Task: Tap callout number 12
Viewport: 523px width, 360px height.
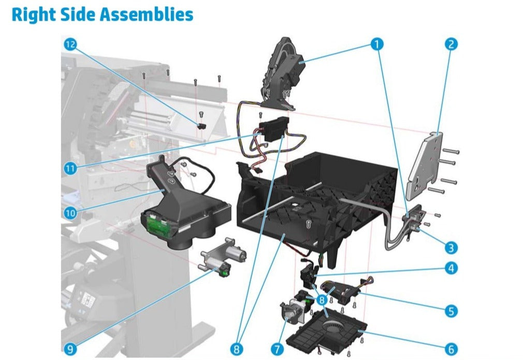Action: point(70,44)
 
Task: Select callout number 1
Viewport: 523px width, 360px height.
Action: point(377,44)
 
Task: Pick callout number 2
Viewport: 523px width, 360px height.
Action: point(451,44)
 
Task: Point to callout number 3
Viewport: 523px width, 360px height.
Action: point(451,248)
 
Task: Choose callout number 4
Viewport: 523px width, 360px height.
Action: point(451,268)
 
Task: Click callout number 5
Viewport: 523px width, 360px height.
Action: point(451,311)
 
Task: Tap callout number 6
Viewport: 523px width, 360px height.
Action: point(451,349)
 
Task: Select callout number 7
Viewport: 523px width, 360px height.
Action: point(277,349)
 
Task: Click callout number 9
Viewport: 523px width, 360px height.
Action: point(70,349)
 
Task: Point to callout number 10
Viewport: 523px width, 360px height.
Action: point(70,213)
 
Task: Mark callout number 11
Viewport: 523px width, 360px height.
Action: point(70,168)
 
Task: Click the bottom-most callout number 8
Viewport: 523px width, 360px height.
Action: point(237,349)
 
